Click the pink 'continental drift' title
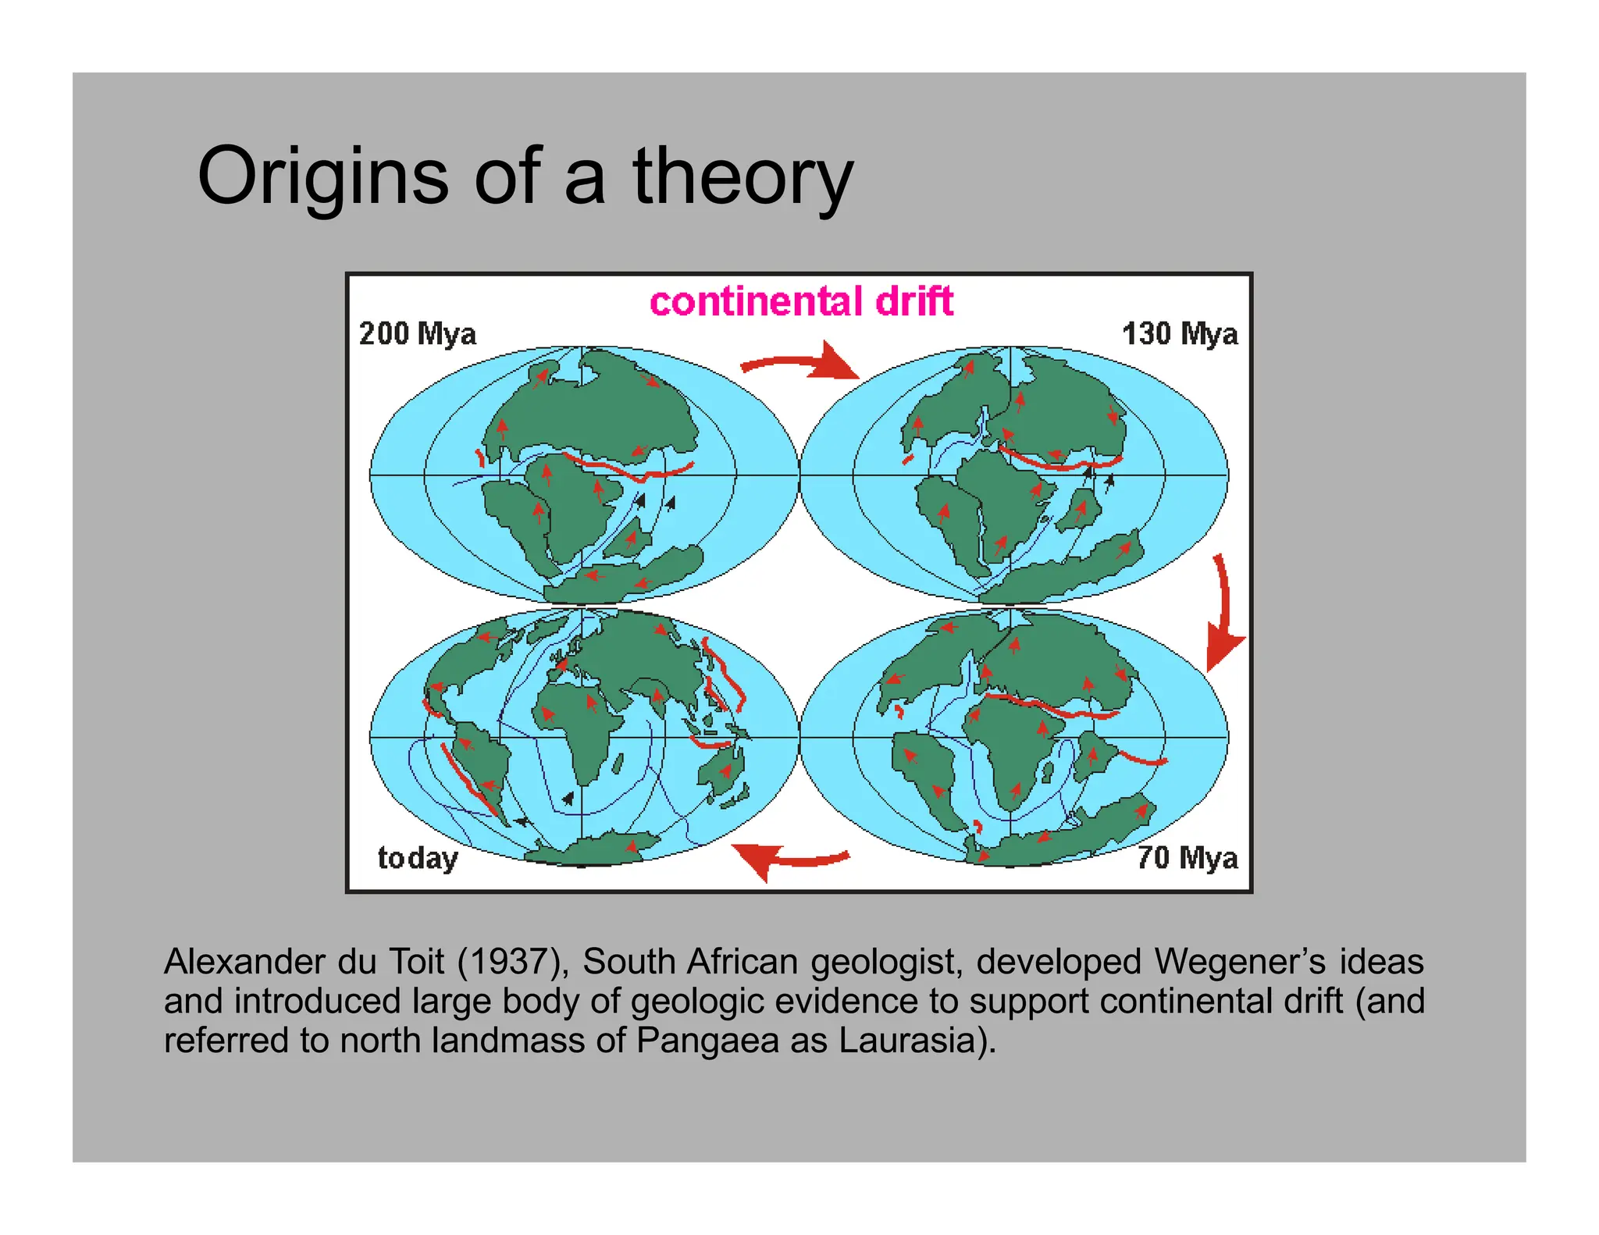click(x=801, y=302)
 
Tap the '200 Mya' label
click(x=417, y=334)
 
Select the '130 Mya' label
click(x=1179, y=334)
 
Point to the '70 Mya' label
click(x=1187, y=857)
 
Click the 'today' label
click(x=418, y=858)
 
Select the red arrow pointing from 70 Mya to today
click(x=789, y=859)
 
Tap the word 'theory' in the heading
click(x=743, y=178)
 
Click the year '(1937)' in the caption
click(x=513, y=962)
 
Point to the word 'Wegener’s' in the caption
click(x=1241, y=962)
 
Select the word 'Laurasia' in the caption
click(x=906, y=1041)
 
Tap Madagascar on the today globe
click(x=618, y=763)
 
